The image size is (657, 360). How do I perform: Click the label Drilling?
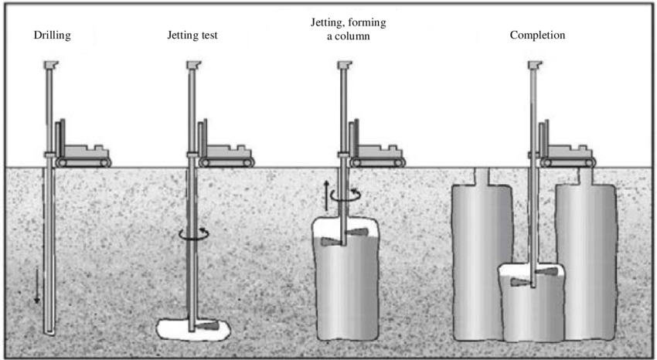click(52, 36)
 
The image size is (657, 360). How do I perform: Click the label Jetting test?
click(192, 36)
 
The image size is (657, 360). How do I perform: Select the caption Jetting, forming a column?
click(342, 29)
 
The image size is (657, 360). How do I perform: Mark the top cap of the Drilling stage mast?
click(52, 66)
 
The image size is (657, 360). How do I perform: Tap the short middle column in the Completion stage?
click(533, 305)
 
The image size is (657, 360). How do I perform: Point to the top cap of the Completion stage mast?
click(534, 66)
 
